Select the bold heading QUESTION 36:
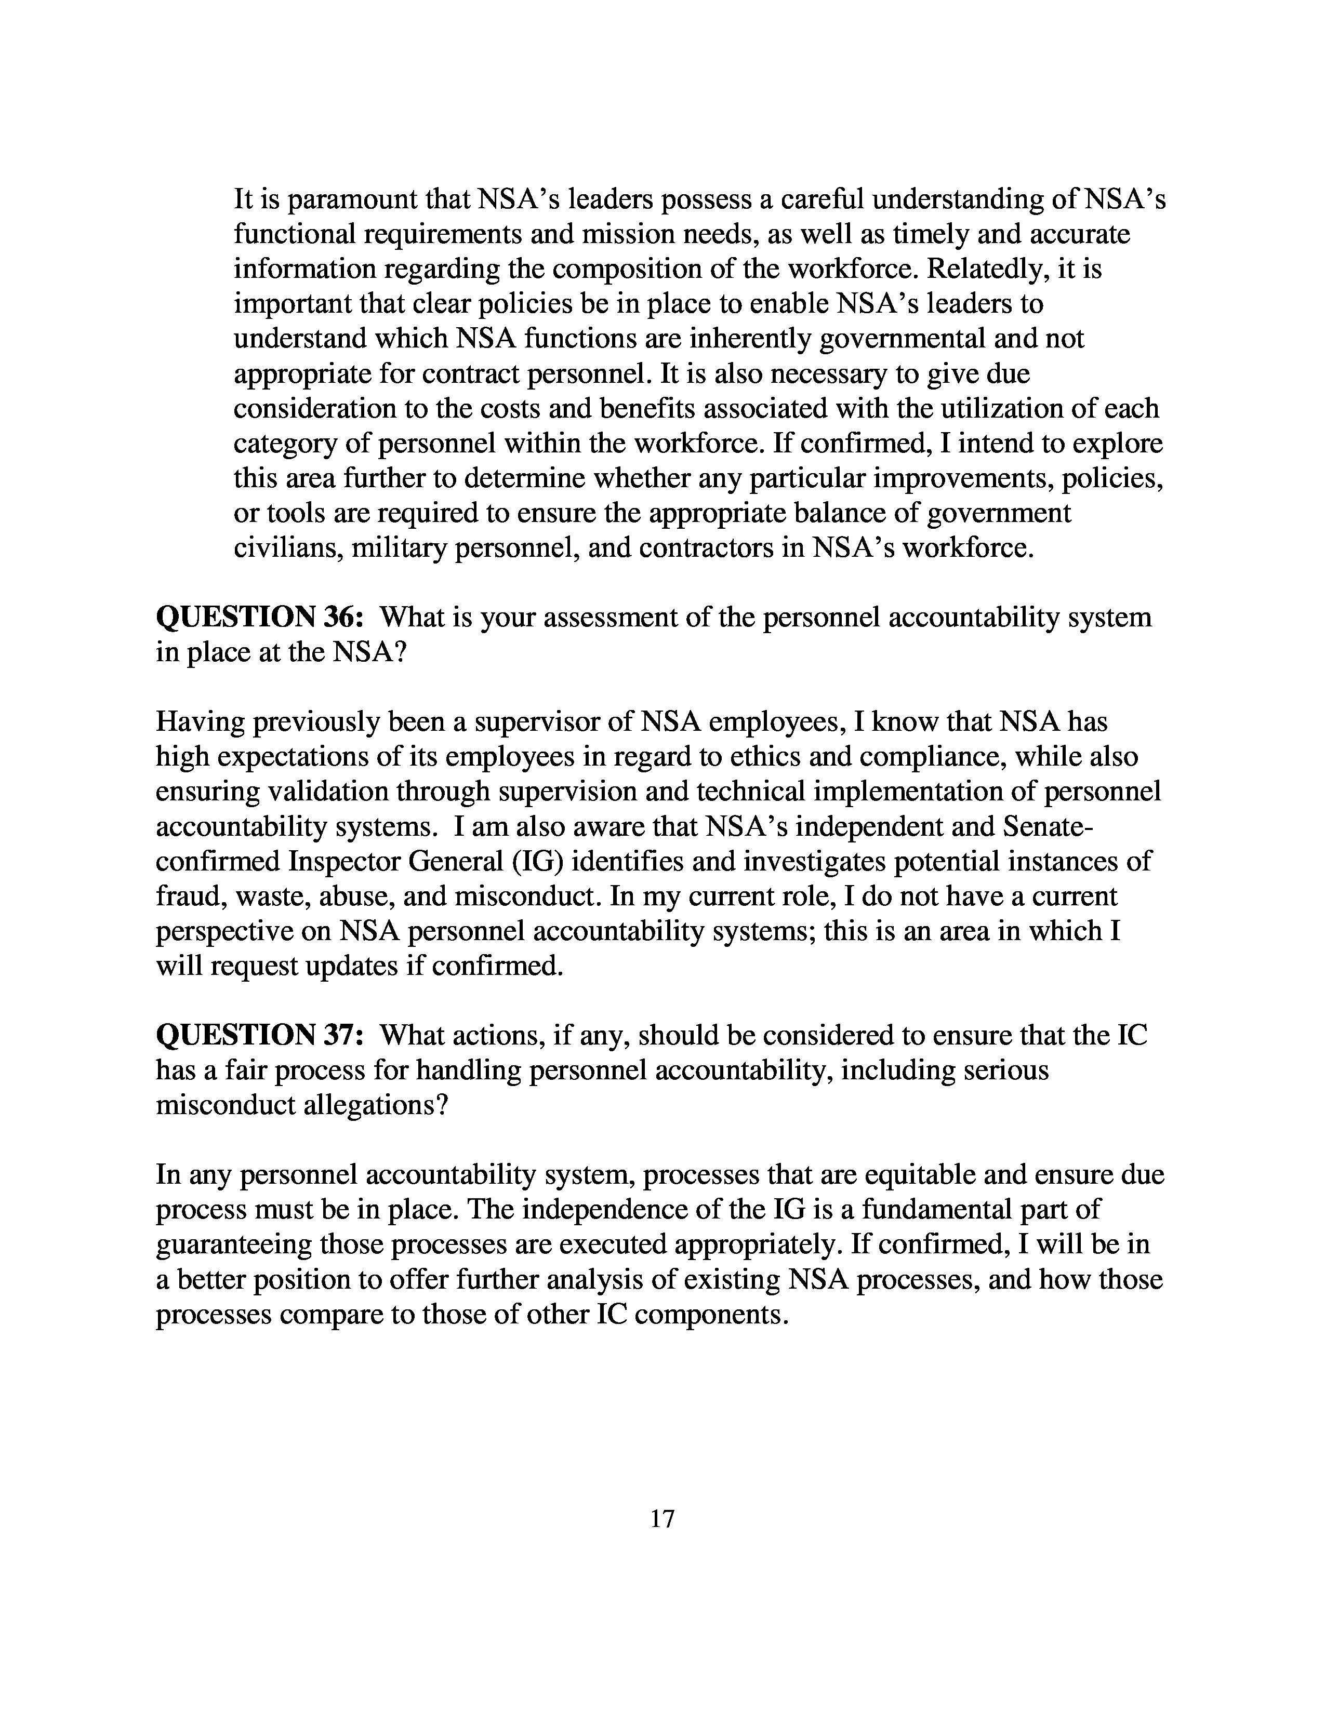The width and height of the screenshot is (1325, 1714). (x=259, y=617)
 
